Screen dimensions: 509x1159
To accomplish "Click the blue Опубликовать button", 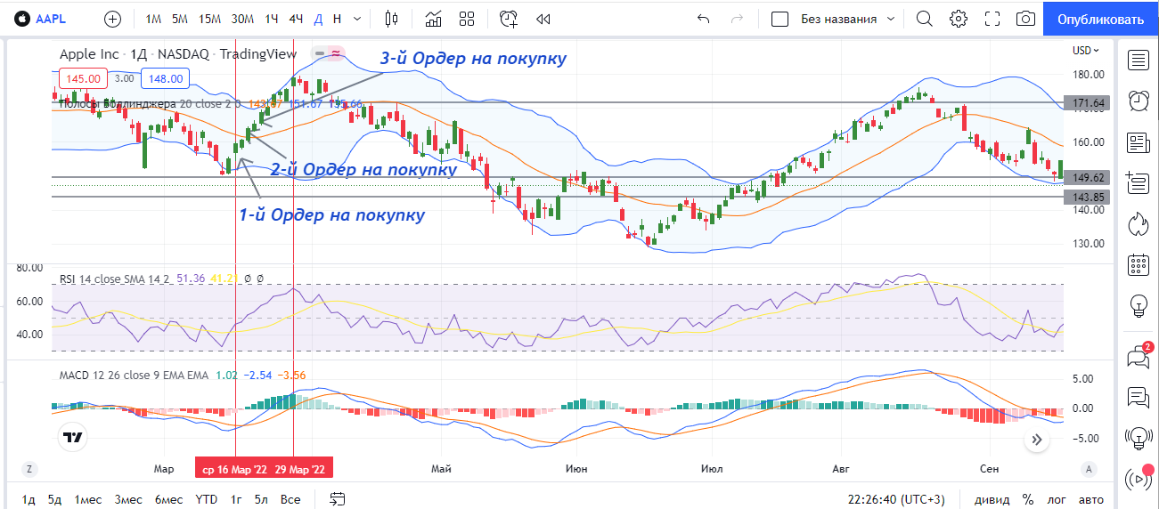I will coord(1099,19).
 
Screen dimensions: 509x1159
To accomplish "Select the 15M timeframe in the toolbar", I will coord(209,19).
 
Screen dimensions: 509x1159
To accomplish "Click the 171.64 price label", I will coord(1089,103).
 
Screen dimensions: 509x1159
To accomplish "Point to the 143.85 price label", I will coord(1089,197).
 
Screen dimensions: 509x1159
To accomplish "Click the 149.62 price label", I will coord(1089,177).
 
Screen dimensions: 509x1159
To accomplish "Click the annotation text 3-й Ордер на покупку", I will coord(473,59).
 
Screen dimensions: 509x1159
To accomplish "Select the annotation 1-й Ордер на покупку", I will coord(331,215).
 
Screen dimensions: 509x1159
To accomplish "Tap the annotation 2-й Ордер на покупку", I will coord(363,169).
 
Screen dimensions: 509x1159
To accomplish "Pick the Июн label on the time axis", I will coord(575,469).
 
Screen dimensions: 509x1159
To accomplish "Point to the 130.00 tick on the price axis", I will coord(1089,244).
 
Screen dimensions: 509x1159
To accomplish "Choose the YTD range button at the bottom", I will coord(207,499).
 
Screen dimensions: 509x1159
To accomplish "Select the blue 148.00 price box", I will coord(166,78).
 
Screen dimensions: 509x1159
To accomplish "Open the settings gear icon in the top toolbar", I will coord(959,19).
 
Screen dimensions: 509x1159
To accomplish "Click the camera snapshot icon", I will coord(1026,19).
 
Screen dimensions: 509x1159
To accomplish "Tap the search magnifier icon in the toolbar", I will coord(924,19).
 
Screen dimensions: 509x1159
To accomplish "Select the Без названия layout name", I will coord(838,19).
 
